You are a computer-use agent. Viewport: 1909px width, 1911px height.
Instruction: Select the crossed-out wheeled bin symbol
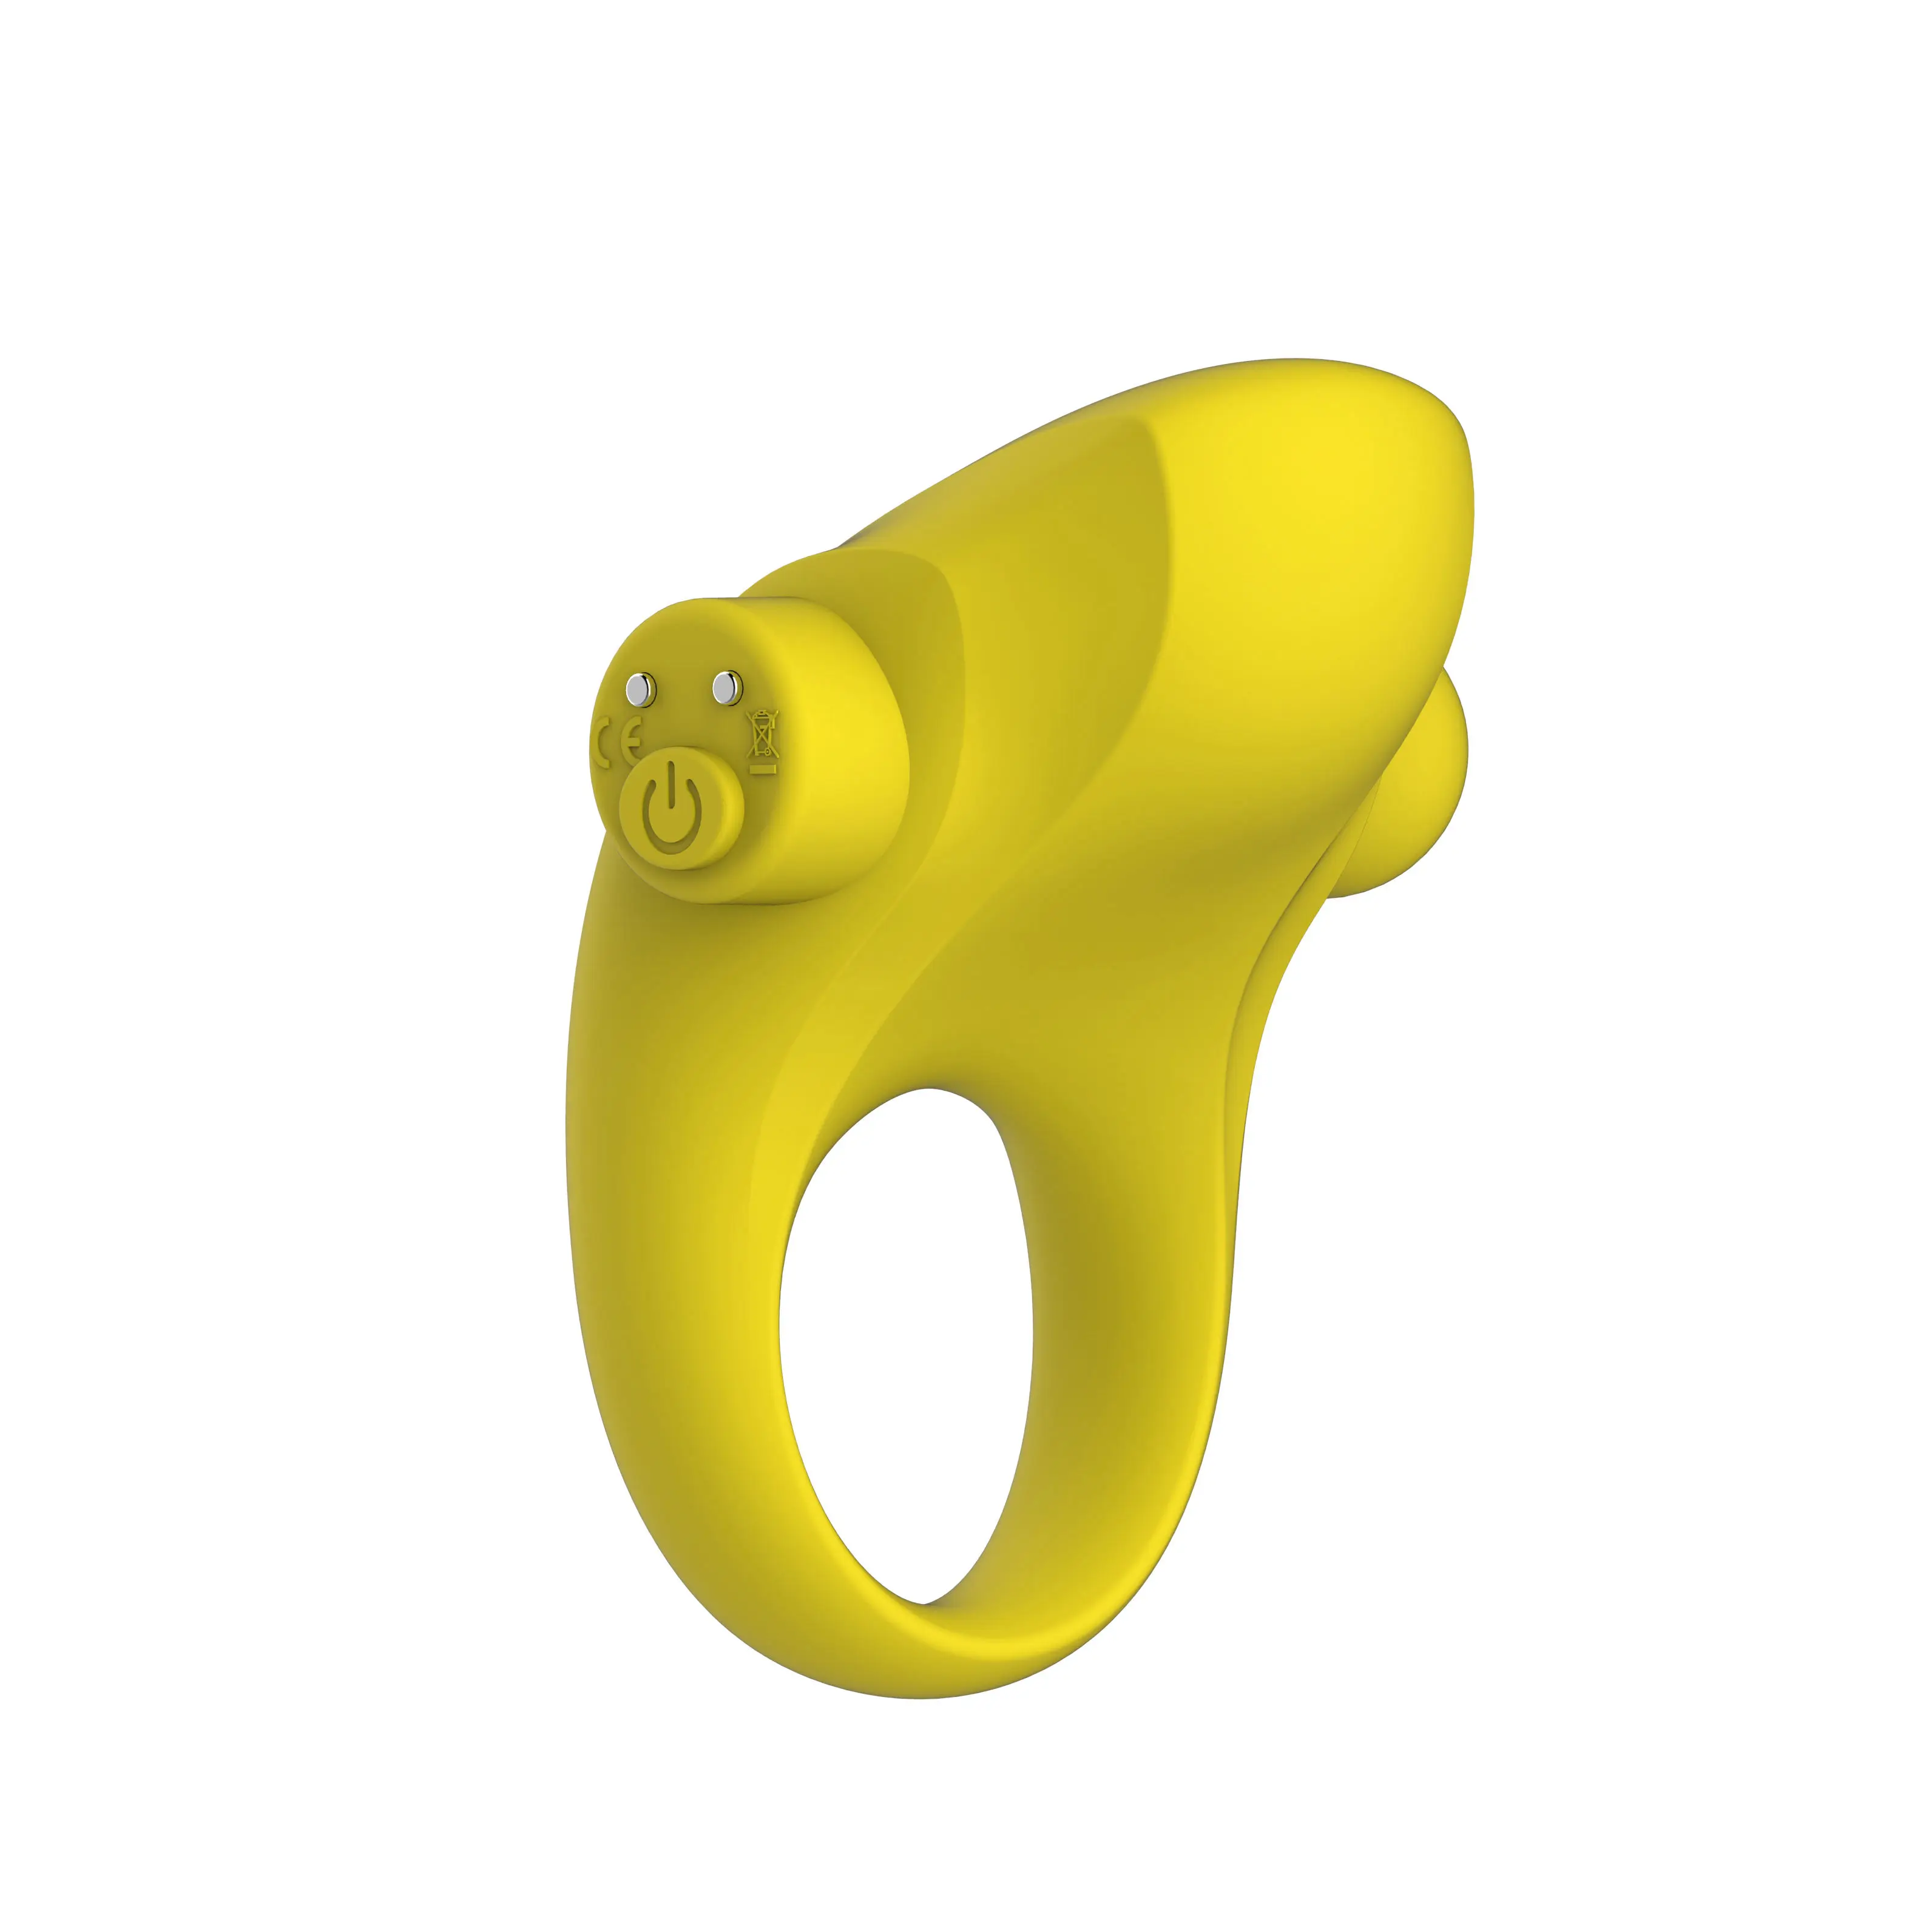tap(762, 733)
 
